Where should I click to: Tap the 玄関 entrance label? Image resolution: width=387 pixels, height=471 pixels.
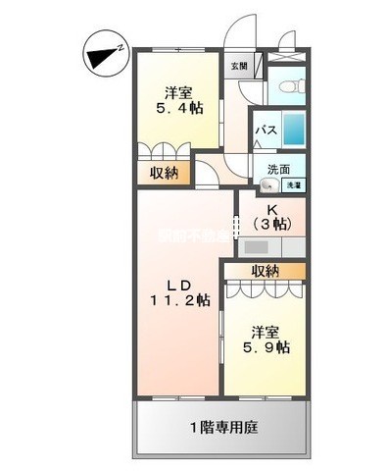click(x=239, y=66)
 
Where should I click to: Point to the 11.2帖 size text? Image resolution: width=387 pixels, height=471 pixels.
click(x=179, y=300)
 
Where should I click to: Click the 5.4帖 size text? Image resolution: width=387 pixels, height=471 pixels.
click(x=176, y=109)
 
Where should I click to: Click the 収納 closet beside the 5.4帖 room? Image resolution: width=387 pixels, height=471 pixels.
click(x=164, y=174)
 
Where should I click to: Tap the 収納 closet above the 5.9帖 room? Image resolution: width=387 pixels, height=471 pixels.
click(x=265, y=270)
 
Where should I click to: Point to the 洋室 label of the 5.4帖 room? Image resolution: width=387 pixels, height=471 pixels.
click(x=176, y=92)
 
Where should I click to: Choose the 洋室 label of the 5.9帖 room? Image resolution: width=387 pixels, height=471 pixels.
click(x=265, y=331)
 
